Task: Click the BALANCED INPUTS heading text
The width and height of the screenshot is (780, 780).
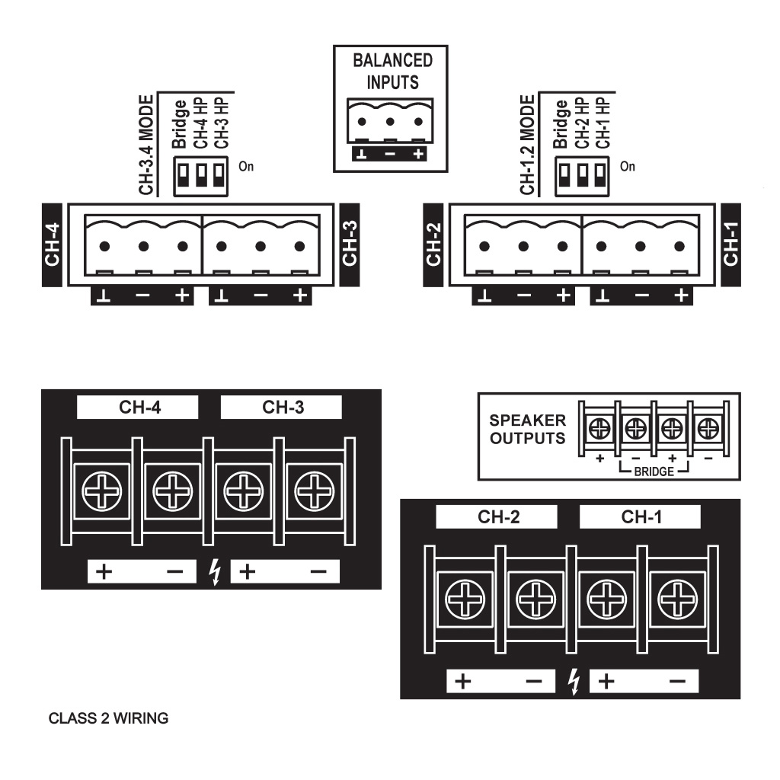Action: [x=392, y=71]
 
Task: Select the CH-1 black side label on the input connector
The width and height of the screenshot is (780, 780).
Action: [x=730, y=245]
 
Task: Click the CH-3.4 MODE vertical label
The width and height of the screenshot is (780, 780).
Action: [x=148, y=146]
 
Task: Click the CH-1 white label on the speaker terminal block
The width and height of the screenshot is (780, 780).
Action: [x=641, y=517]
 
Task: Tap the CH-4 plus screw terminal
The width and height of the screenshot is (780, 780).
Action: [x=101, y=491]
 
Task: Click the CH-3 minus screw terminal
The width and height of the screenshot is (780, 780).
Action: [x=314, y=491]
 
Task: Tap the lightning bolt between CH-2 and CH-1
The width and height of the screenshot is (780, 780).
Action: [x=574, y=681]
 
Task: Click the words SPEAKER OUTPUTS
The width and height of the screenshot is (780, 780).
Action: [x=528, y=429]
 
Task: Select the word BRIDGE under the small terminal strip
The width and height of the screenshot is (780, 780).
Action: [x=654, y=472]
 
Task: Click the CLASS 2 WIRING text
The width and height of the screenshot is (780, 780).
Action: [x=108, y=718]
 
